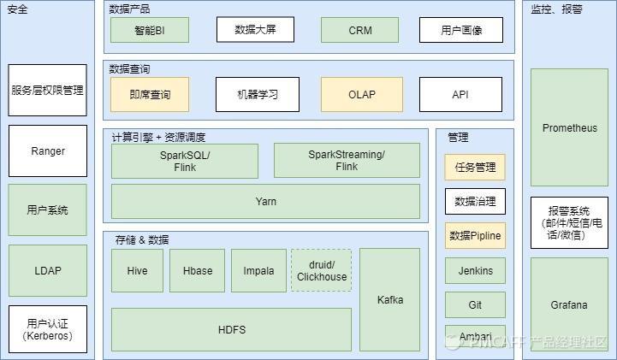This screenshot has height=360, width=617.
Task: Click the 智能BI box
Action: [x=149, y=30]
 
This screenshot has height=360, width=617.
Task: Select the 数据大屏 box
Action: [x=257, y=30]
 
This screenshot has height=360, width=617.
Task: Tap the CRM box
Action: [x=359, y=30]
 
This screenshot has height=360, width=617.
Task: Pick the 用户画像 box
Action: [x=460, y=30]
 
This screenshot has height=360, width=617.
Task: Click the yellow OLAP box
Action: [x=361, y=94]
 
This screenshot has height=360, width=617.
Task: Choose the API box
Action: [x=460, y=94]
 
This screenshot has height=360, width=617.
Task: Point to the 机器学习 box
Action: [x=257, y=94]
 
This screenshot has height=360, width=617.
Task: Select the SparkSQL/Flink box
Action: [x=184, y=161]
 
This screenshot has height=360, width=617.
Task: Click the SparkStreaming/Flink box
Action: [x=347, y=161]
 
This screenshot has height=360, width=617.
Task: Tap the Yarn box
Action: [x=265, y=202]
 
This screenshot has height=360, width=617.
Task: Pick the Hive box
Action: [x=137, y=270]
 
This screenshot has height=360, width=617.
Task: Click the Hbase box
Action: [x=197, y=270]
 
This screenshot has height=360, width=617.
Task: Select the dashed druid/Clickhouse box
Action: [x=321, y=270]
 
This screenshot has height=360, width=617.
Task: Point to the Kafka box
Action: [x=389, y=299]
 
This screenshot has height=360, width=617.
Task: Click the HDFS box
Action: [x=231, y=329]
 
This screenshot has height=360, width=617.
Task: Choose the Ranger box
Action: [x=48, y=150]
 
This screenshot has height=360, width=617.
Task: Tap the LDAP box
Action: [x=48, y=270]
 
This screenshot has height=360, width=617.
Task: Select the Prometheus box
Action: [x=569, y=128]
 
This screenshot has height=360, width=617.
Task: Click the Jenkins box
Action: [x=475, y=270]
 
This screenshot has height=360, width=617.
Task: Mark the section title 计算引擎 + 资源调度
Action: [x=158, y=137]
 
